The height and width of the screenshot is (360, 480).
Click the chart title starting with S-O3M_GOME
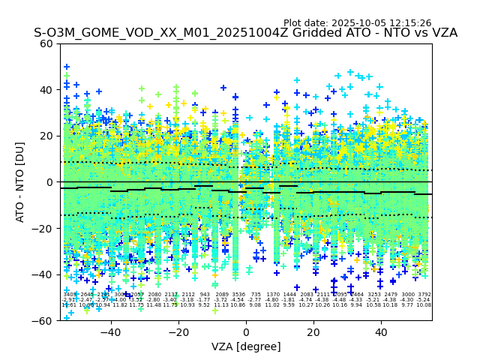[x=245, y=34]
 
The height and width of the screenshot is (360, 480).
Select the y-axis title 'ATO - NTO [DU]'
[x=20, y=182]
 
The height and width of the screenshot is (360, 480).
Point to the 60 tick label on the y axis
[x=46, y=43]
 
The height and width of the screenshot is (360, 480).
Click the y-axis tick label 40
[x=46, y=90]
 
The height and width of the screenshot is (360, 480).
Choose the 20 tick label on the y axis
[x=46, y=136]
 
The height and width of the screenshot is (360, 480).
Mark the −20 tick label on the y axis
[x=43, y=228]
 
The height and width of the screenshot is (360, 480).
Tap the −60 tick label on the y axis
[x=43, y=320]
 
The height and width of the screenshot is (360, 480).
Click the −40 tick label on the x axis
[x=110, y=331]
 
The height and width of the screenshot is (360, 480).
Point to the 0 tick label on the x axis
[x=246, y=331]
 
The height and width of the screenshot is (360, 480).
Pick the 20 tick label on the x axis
[x=313, y=331]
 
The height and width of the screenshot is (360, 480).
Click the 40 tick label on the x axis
[x=381, y=331]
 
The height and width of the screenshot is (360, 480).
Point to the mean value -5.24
[x=424, y=300]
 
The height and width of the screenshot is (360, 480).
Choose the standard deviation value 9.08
[x=256, y=305]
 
